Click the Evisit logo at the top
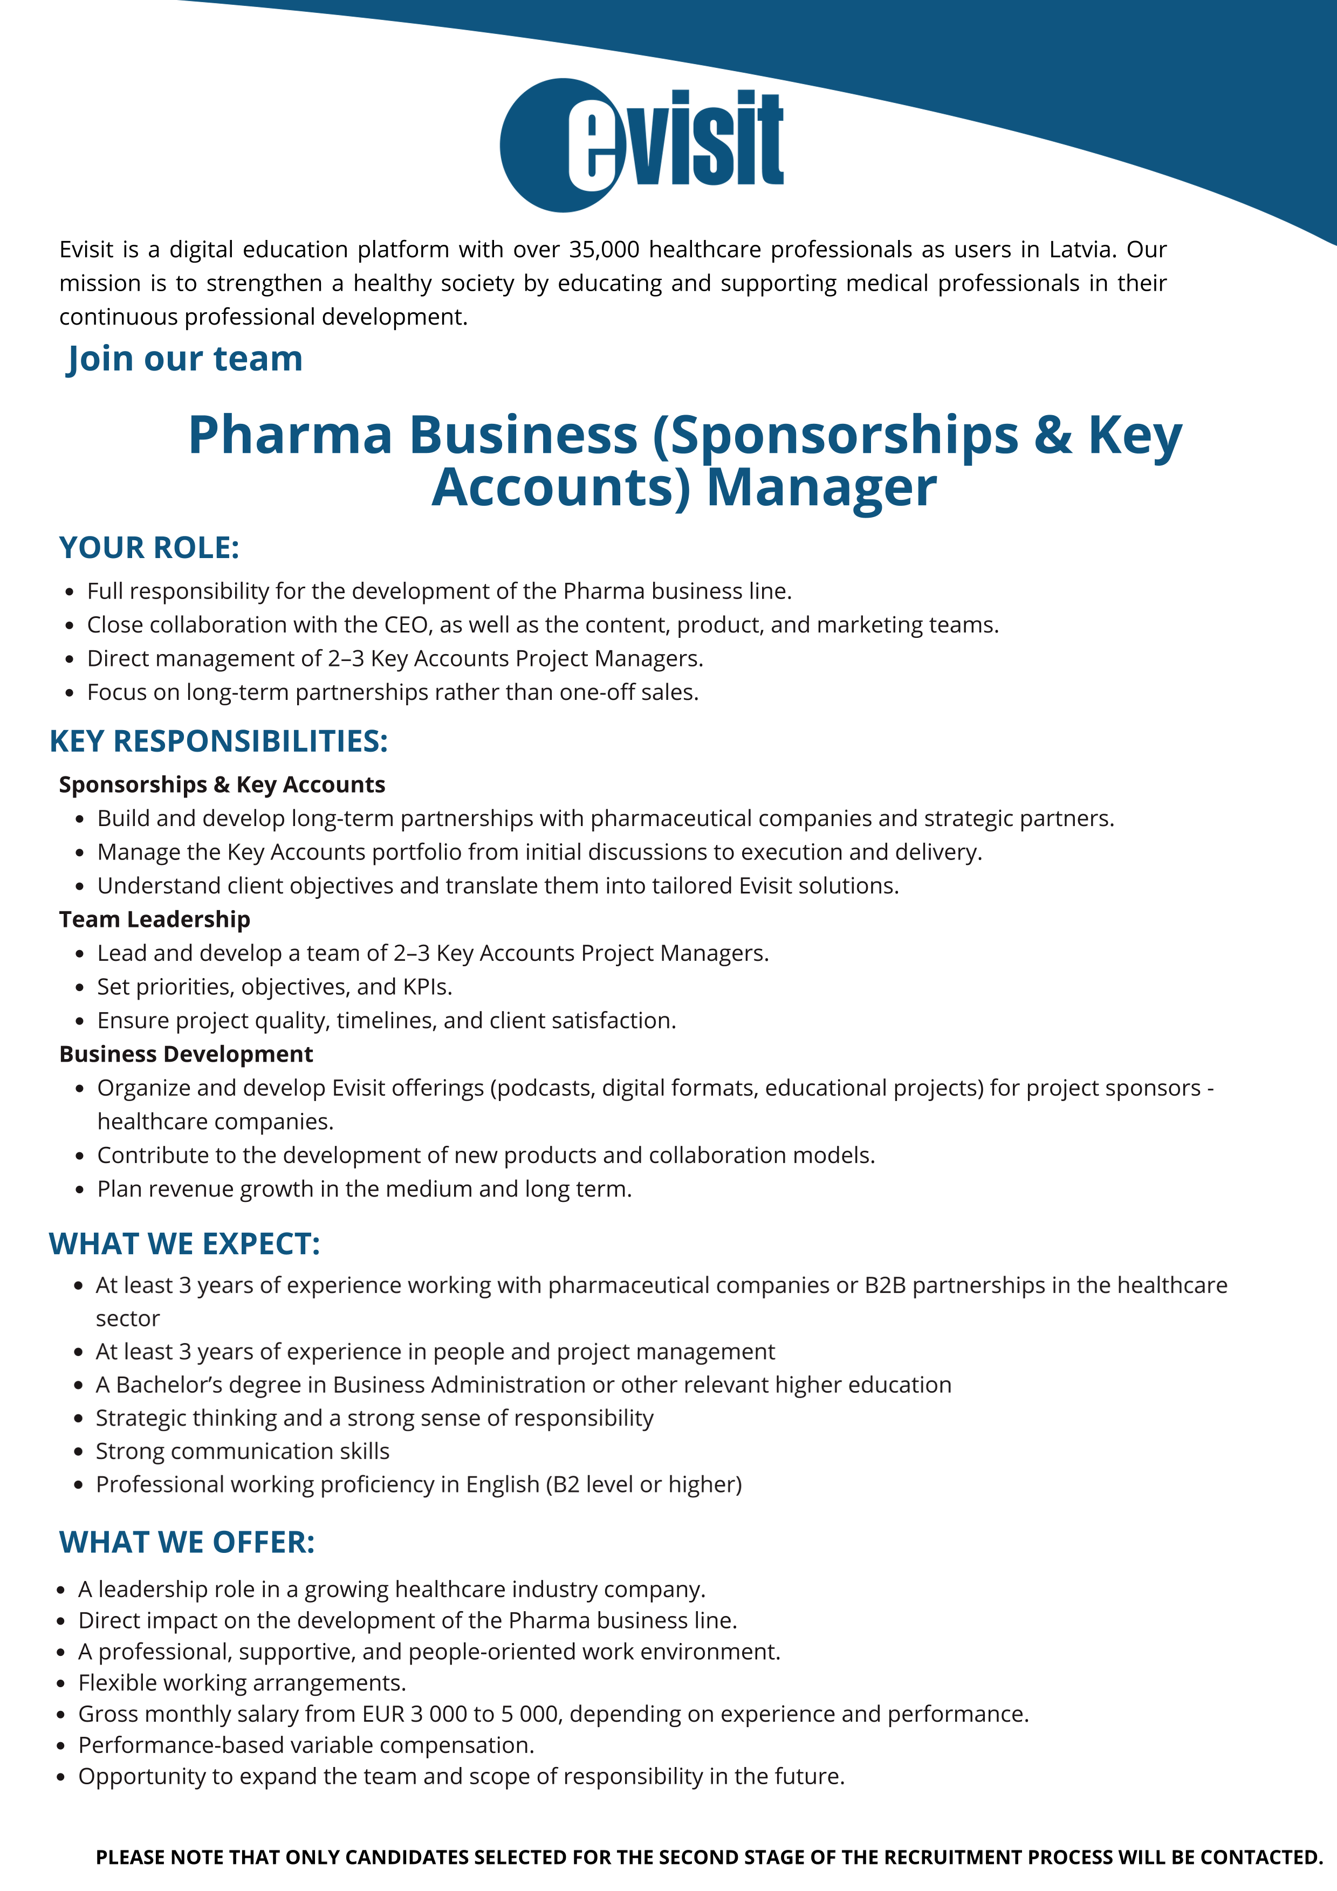pyautogui.click(x=642, y=145)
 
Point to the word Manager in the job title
pyautogui.click(x=821, y=487)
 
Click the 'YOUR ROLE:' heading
pyautogui.click(x=149, y=548)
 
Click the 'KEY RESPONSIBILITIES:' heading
pyautogui.click(x=218, y=741)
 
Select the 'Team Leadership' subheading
pyautogui.click(x=155, y=919)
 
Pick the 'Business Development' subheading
pyautogui.click(x=186, y=1054)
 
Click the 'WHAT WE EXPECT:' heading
pyautogui.click(x=184, y=1243)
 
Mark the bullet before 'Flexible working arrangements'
pyautogui.click(x=61, y=1683)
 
